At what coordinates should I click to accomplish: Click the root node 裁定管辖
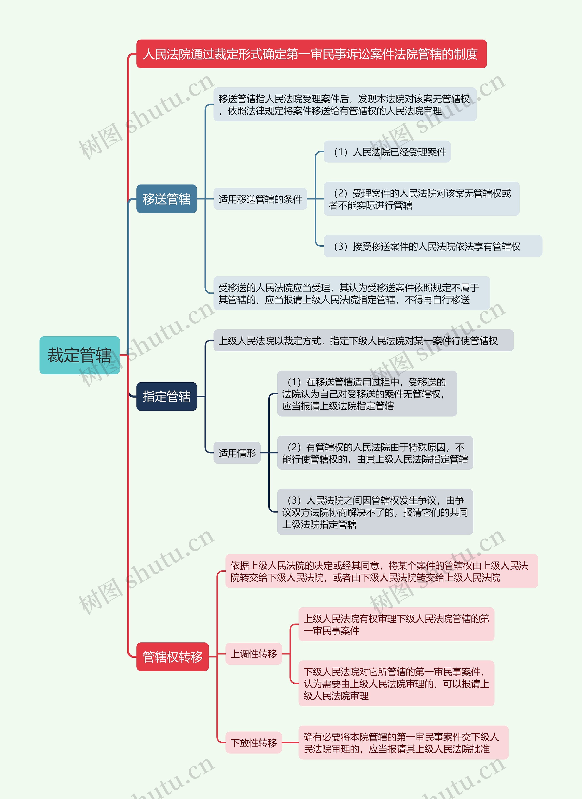(80, 355)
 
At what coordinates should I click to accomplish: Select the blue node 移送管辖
(166, 199)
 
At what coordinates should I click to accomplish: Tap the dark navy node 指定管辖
(166, 396)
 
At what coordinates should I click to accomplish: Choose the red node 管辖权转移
(172, 657)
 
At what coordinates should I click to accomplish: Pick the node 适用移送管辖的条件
(260, 199)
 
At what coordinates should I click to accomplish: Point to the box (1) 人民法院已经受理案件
(387, 152)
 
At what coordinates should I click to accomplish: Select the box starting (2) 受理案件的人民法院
(421, 199)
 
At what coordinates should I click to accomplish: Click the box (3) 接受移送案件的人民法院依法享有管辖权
(433, 246)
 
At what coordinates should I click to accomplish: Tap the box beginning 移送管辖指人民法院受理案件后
(345, 105)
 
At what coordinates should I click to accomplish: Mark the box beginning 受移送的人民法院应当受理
(351, 293)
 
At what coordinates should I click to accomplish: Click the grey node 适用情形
(237, 453)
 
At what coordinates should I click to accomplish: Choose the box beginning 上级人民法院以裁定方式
(363, 341)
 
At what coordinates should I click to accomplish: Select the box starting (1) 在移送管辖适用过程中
(367, 393)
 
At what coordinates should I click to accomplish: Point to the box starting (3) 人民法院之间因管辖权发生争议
(375, 512)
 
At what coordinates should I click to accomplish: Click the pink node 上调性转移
(254, 654)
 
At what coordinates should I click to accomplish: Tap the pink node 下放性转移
(254, 743)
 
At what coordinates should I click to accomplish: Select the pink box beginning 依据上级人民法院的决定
(381, 571)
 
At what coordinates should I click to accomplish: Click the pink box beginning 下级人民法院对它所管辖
(396, 683)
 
